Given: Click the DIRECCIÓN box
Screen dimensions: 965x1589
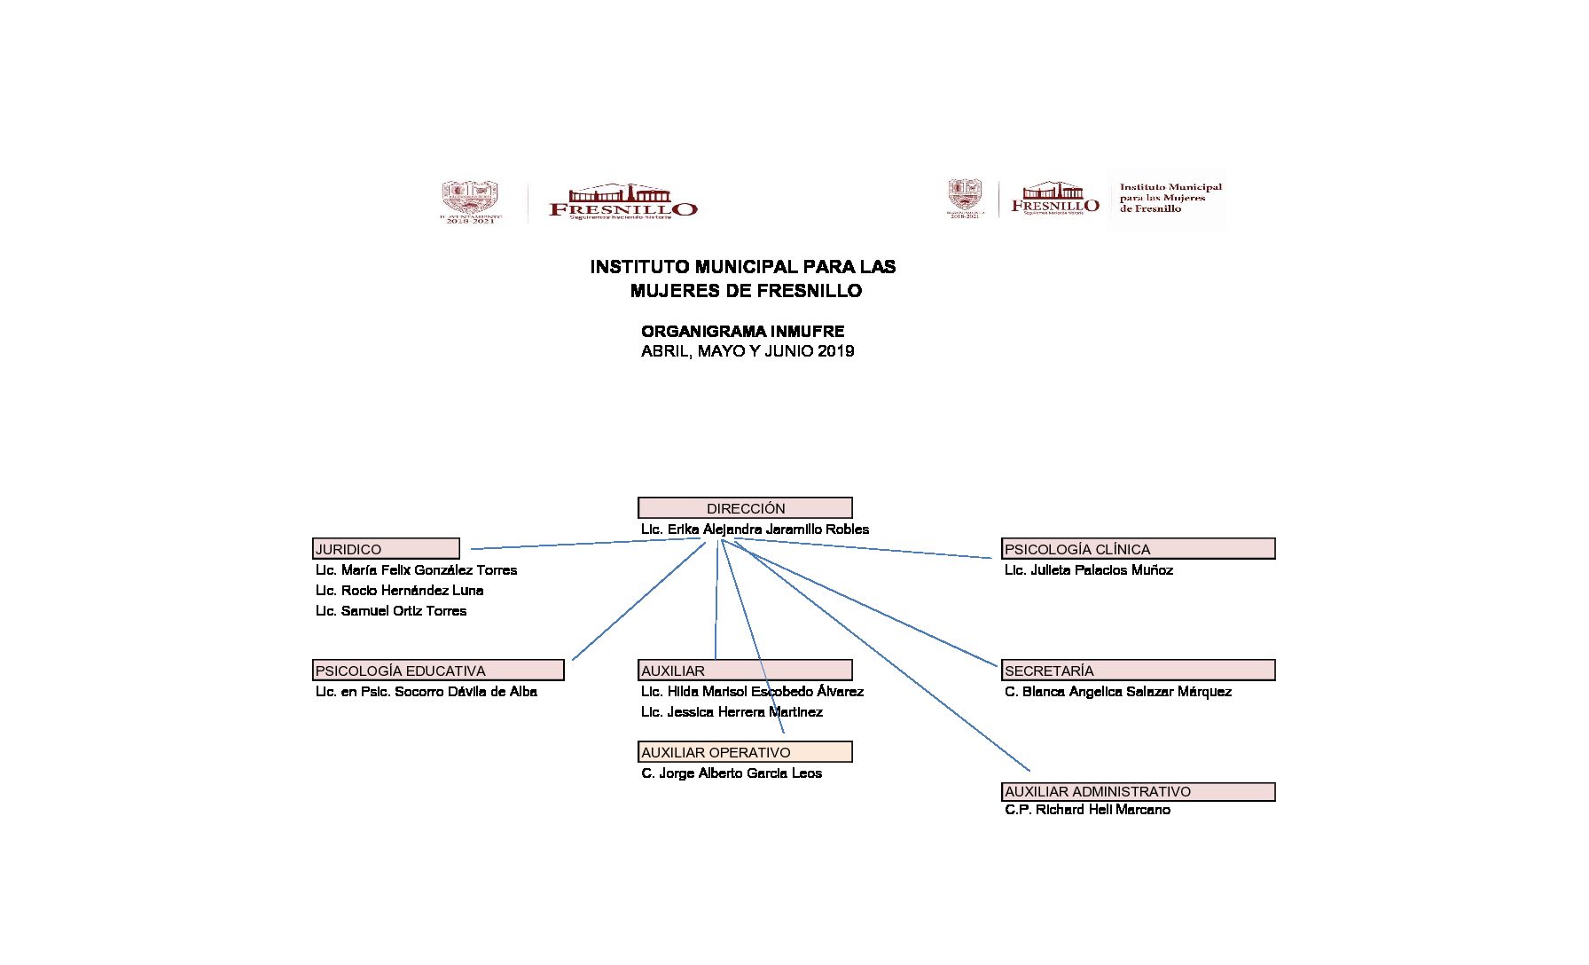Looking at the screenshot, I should (x=745, y=508).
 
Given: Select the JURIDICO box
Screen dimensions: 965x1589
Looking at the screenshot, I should (x=386, y=549).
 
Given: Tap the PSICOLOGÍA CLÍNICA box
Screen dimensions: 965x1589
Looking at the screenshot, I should (x=1138, y=549).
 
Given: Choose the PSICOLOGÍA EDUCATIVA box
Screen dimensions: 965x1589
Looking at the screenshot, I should (x=438, y=671).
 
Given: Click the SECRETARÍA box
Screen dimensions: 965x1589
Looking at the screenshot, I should (x=1138, y=671).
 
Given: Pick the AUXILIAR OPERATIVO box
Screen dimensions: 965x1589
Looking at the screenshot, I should (x=745, y=752).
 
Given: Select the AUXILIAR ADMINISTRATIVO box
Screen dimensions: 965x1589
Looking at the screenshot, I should (x=1138, y=791).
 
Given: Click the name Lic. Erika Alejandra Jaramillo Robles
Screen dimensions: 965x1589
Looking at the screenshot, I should (x=755, y=530).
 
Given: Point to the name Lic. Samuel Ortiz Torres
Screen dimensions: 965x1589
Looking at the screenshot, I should (x=391, y=611).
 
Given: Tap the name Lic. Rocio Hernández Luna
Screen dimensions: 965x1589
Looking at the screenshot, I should (x=399, y=591).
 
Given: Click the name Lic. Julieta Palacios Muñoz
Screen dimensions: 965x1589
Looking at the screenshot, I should (x=1088, y=570).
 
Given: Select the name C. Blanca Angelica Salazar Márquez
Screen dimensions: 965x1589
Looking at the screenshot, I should (x=1117, y=692).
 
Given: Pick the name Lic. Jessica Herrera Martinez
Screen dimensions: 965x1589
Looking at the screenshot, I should (x=732, y=712).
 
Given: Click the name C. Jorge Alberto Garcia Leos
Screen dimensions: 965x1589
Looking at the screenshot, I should (x=732, y=773).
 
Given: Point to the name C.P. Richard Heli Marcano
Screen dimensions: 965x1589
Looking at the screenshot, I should (x=1087, y=810).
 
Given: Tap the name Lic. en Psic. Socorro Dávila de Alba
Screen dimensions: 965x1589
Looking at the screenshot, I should (x=426, y=692).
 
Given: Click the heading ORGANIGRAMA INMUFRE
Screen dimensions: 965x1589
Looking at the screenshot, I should (x=742, y=332).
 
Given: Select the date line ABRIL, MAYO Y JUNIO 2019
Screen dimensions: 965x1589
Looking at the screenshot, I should (x=748, y=351).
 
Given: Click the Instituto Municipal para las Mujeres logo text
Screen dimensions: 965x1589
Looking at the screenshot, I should (x=1170, y=198).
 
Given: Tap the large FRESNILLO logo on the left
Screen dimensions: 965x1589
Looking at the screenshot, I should (x=622, y=203).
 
